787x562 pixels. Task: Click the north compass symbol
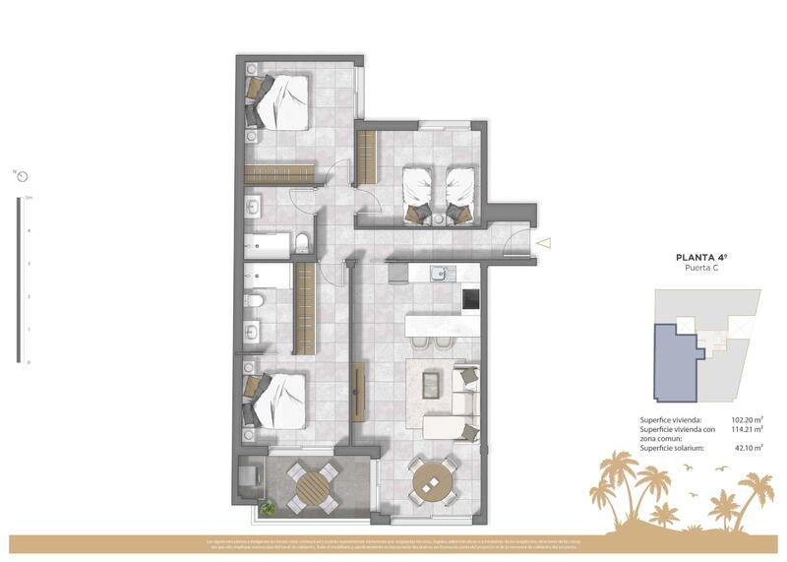22,176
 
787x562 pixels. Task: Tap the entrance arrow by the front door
544,242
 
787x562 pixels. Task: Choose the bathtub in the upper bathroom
269,243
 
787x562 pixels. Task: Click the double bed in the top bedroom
280,101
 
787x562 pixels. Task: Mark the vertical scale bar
18,280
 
